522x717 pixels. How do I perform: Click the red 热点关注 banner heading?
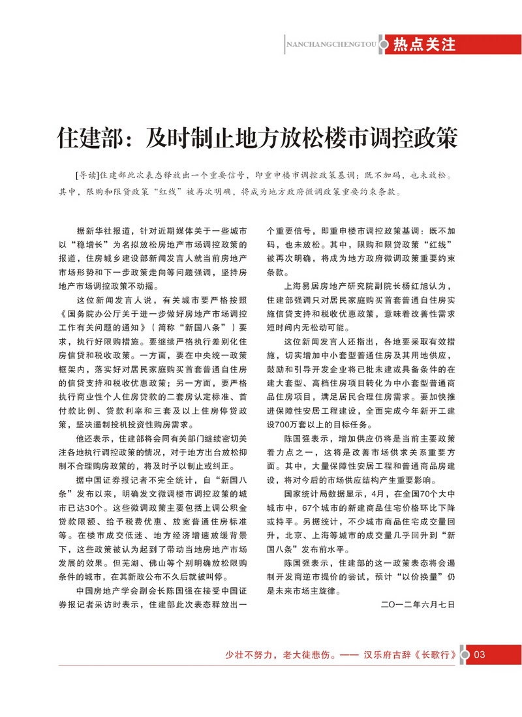pyautogui.click(x=423, y=44)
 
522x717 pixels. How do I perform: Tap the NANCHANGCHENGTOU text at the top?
pyautogui.click(x=333, y=45)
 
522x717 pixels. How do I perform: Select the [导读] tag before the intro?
pyautogui.click(x=87, y=175)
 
